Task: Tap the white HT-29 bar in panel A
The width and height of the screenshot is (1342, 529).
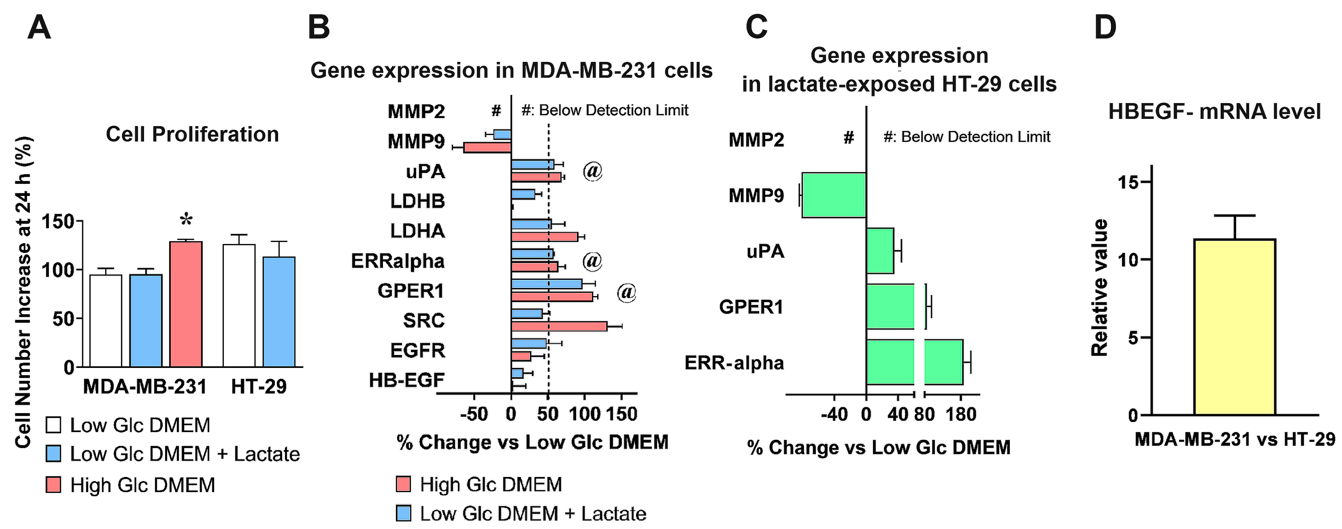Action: (239, 306)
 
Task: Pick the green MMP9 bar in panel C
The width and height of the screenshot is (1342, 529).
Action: (833, 195)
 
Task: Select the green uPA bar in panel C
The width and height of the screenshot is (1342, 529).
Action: (880, 251)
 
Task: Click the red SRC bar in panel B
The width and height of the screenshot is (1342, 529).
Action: (559, 326)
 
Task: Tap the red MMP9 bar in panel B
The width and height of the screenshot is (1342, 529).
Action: (487, 147)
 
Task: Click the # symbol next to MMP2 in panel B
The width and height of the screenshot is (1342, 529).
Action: (496, 110)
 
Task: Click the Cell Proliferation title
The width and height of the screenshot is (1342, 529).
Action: (192, 134)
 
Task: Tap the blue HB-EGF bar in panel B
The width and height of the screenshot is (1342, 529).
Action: (517, 373)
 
